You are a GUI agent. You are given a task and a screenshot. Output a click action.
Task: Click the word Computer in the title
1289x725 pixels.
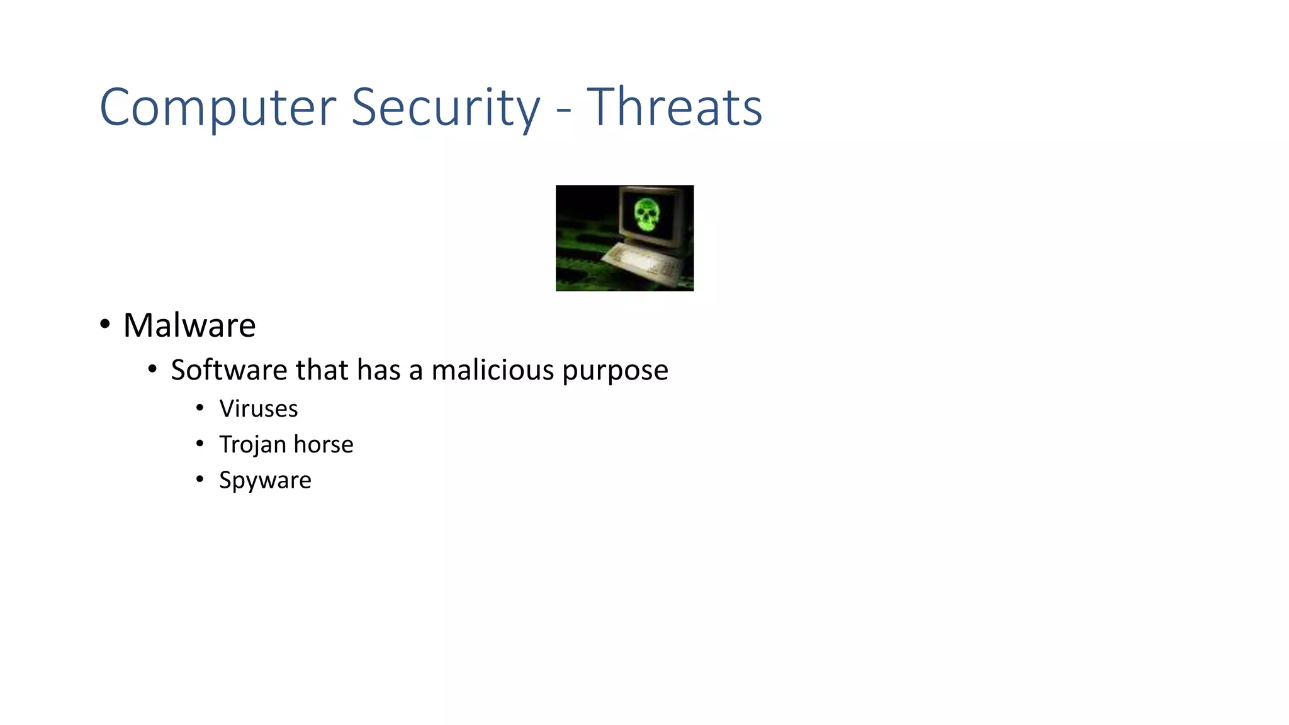click(x=217, y=108)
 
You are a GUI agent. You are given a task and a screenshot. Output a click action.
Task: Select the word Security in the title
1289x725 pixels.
click(x=445, y=108)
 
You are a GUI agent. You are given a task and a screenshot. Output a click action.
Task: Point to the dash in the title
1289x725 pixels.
click(x=564, y=111)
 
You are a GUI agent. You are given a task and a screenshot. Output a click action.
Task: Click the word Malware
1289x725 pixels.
click(x=189, y=325)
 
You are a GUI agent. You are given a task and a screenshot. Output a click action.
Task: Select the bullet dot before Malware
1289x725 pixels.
click(x=105, y=325)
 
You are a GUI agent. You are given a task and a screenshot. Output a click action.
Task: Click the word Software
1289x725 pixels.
click(x=228, y=369)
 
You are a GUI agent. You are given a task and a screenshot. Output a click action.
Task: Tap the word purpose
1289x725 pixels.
click(x=615, y=371)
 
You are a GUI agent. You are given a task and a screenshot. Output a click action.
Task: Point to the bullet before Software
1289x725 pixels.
click(x=152, y=369)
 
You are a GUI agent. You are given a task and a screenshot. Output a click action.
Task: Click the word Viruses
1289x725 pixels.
click(x=258, y=409)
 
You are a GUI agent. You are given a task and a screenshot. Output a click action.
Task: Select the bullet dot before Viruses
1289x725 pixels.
click(x=200, y=408)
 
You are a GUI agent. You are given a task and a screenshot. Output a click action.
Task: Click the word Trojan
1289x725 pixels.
click(x=252, y=445)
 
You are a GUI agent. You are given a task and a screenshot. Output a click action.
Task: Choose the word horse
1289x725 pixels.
click(x=324, y=444)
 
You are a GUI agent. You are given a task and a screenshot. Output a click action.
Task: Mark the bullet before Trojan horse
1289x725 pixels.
click(x=200, y=444)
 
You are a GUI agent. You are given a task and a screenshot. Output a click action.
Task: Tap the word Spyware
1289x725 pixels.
click(x=265, y=481)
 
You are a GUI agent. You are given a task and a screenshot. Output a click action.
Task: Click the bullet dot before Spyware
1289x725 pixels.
click(x=200, y=480)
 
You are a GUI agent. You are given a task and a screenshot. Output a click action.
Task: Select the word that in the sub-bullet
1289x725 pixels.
click(x=322, y=369)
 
